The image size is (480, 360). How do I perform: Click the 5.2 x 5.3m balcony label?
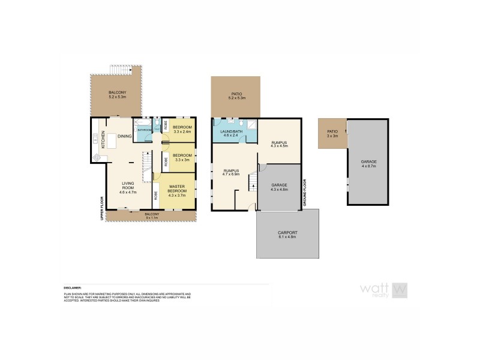117,94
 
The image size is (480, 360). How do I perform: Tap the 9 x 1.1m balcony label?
151,215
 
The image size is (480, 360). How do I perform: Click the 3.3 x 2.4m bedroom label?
182,130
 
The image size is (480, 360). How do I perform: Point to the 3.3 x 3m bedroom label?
182,157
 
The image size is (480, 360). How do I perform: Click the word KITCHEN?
103,140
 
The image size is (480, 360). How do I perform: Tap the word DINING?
124,137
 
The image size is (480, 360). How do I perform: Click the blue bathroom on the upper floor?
145,130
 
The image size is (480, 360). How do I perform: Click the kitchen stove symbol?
97,158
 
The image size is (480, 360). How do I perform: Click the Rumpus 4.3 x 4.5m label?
279,144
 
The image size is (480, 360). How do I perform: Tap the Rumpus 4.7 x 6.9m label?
231,174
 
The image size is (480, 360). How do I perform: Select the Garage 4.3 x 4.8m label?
280,187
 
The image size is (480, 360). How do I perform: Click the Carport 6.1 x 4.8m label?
287,235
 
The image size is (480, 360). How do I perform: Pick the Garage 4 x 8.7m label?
368,163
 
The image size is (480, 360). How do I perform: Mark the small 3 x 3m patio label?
332,133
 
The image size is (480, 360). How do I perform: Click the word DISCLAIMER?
73,287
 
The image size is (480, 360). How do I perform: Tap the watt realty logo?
384,290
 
